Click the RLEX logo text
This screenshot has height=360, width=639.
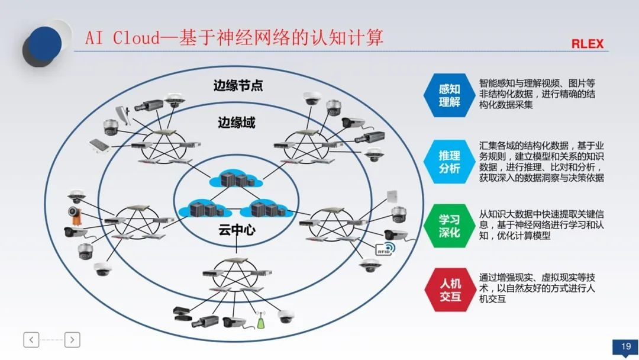pos(587,44)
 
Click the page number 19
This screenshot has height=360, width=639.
pos(625,346)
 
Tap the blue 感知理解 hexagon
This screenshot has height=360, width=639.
pos(449,95)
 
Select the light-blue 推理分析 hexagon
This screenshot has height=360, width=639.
pos(449,162)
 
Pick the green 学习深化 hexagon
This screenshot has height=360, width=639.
pos(449,225)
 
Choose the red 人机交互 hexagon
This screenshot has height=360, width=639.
pos(449,290)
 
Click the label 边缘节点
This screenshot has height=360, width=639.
pos(238,85)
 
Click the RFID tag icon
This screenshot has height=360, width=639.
pos(385,249)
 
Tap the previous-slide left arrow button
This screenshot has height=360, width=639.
pos(31,340)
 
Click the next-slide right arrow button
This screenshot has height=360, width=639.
pos(72,340)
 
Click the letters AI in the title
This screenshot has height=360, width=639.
pos(95,38)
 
